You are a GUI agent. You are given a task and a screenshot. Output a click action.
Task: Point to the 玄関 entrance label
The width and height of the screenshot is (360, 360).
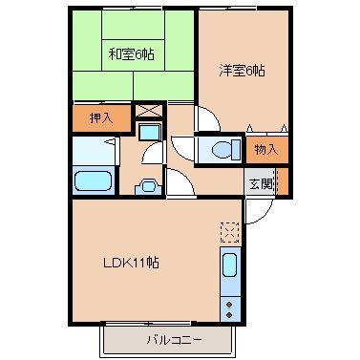click(x=260, y=182)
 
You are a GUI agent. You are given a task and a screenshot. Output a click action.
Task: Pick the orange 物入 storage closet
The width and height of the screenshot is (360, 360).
click(x=265, y=149)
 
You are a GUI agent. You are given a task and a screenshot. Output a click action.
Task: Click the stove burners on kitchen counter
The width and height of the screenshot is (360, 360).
click(x=231, y=307)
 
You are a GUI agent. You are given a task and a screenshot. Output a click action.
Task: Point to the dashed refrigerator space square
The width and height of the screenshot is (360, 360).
click(x=231, y=232)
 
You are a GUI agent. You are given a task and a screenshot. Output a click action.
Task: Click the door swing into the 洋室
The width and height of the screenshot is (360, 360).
click(x=207, y=118)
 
